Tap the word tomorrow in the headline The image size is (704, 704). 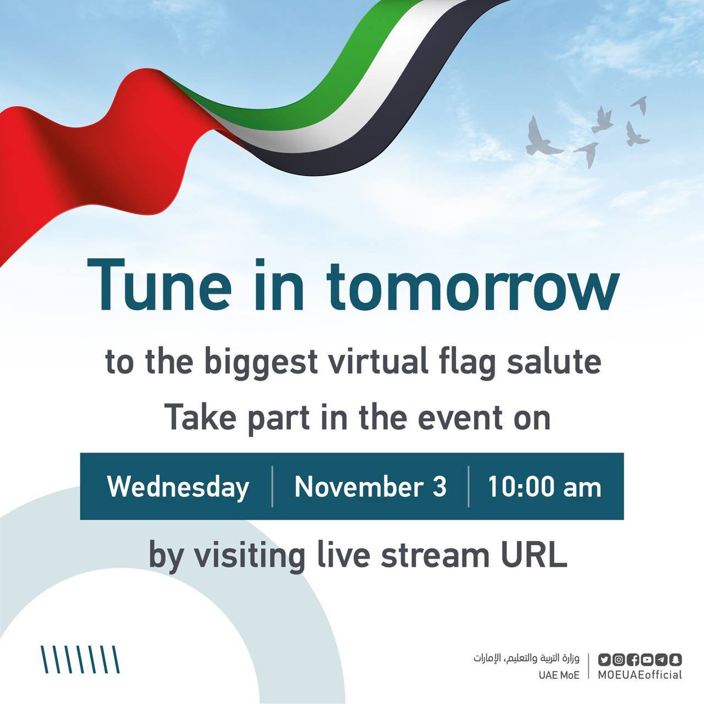coord(472,287)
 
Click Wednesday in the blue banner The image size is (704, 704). coord(178,488)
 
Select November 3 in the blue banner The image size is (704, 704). coord(370,487)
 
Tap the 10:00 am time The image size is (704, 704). coord(544,487)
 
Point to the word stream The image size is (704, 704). coord(435,554)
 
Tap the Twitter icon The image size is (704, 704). coord(604,659)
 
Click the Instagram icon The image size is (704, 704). coord(618,659)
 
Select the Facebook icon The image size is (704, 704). coord(632,659)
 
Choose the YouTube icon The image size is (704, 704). coord(647,659)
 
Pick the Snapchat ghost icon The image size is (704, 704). coord(675,659)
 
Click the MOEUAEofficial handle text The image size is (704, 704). coord(640,675)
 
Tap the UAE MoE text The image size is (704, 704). coord(559,675)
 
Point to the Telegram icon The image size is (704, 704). coord(661,659)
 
